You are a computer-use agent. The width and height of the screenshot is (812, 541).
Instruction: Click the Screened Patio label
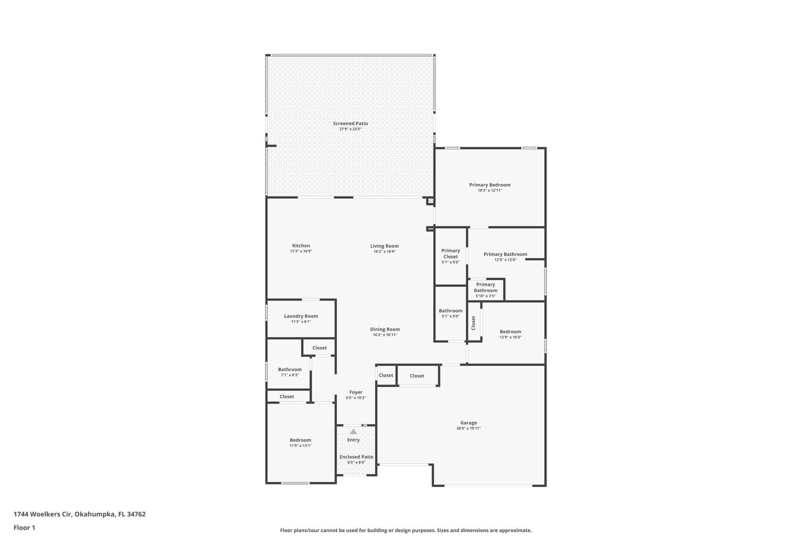pos(350,124)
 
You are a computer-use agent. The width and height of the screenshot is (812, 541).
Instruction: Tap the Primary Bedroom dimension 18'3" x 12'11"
pos(490,191)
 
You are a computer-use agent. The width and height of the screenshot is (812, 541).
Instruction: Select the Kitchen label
pos(301,246)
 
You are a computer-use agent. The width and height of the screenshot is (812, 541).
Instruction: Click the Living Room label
pos(384,246)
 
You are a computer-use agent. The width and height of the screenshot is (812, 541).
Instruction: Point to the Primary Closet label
pos(450,254)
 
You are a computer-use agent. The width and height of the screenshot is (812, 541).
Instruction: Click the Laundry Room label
pos(301,316)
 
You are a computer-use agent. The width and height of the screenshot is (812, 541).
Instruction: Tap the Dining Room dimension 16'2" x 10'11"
pos(385,335)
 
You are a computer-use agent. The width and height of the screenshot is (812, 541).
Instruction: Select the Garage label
pos(468,423)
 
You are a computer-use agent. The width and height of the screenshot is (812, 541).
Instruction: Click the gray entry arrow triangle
pos(353,432)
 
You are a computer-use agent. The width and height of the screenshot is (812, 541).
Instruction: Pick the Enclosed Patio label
pos(356,457)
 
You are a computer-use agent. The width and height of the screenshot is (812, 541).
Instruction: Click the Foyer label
pos(356,392)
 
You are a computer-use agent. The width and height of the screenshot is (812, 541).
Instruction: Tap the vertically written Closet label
pos(473,323)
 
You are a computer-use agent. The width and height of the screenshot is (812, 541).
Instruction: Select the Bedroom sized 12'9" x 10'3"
pos(510,332)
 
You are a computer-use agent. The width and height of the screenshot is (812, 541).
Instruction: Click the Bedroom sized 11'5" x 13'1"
pos(300,440)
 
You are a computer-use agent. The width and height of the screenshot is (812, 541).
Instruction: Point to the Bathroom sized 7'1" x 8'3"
pos(289,370)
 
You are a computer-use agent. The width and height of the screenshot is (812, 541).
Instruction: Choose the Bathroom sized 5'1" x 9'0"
pos(450,311)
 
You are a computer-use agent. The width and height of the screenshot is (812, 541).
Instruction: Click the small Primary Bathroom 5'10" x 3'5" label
pos(485,287)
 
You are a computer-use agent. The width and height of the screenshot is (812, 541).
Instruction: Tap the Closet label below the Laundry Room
pos(319,348)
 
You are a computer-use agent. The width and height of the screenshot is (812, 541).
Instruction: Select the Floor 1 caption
pos(25,528)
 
